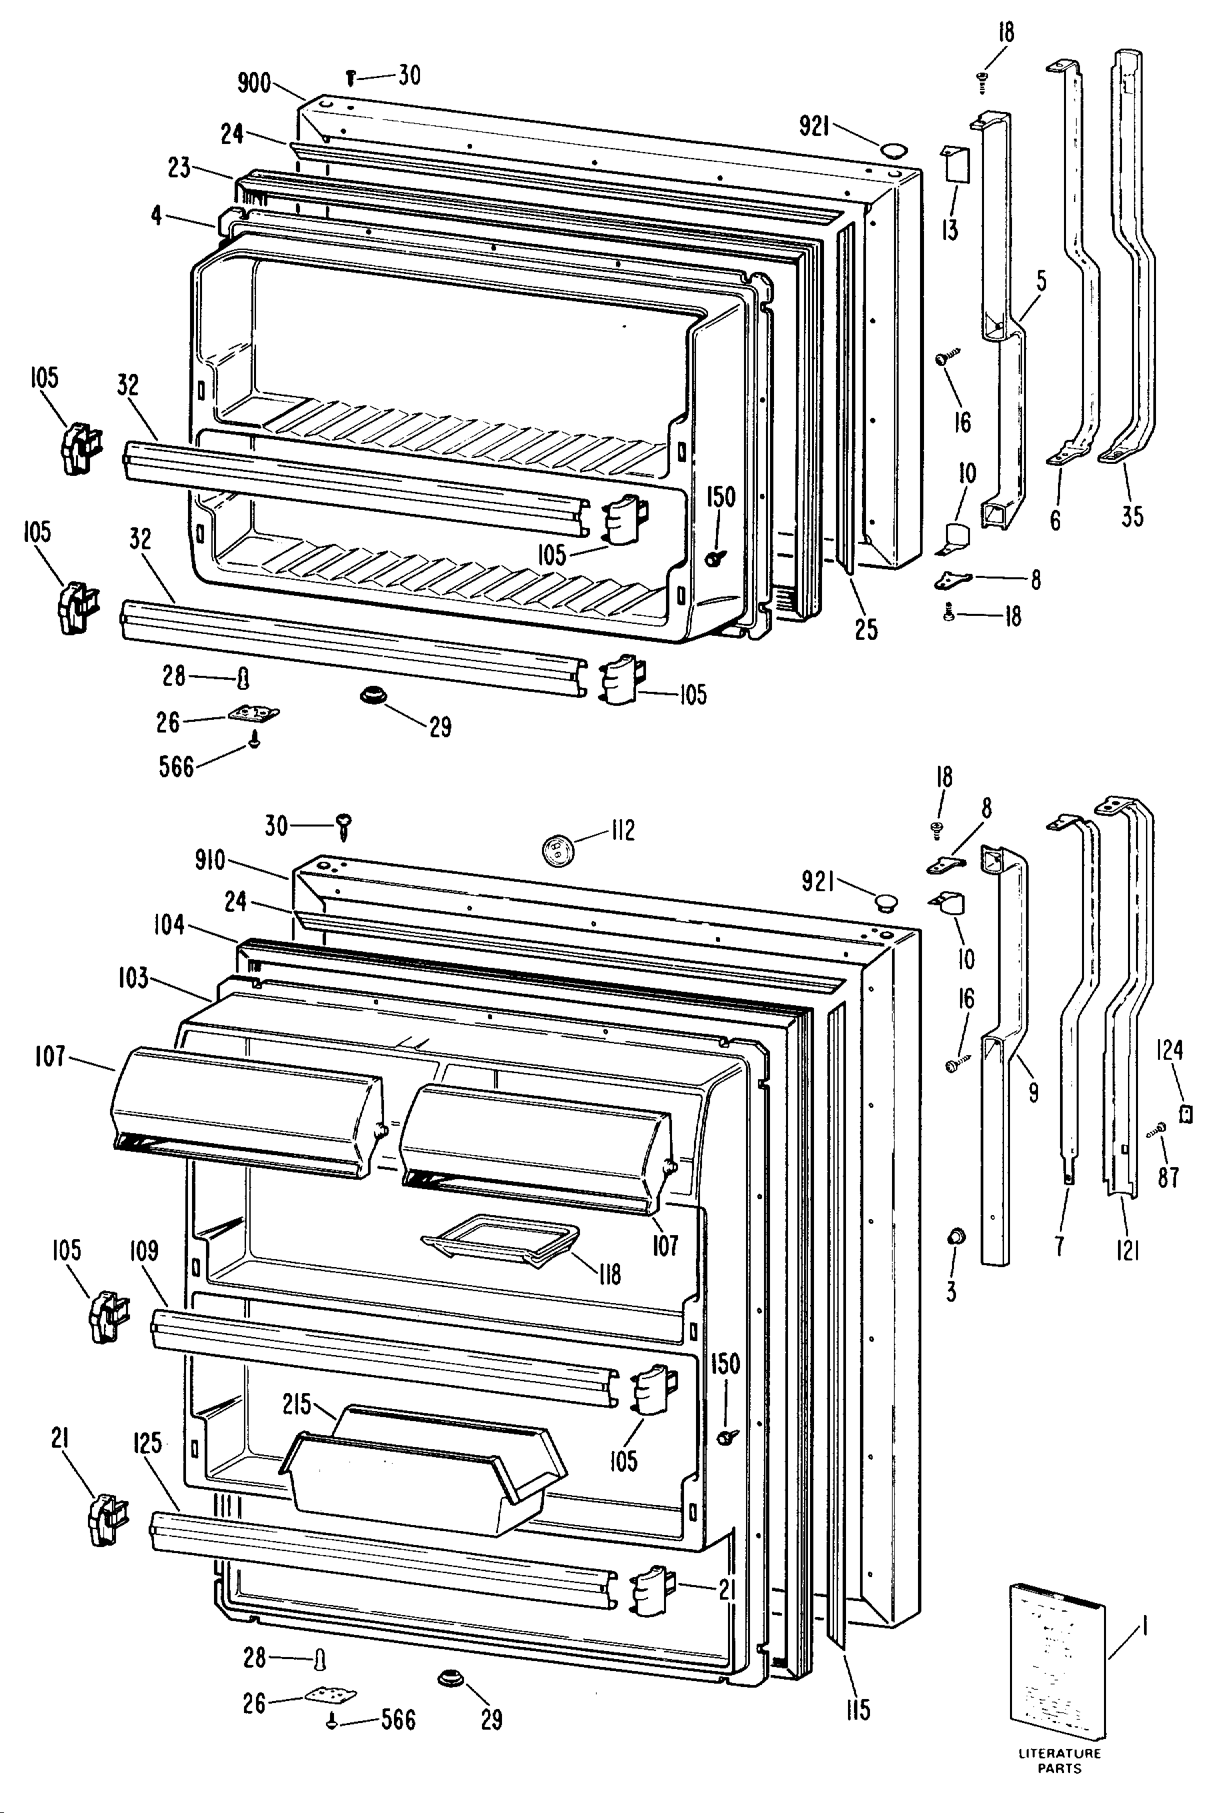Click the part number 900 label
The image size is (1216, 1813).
pyautogui.click(x=253, y=83)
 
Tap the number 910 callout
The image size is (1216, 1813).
pyautogui.click(x=210, y=860)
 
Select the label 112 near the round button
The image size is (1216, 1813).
pyautogui.click(x=623, y=831)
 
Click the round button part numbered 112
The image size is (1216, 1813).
pyautogui.click(x=557, y=850)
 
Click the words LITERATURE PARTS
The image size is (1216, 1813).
pyautogui.click(x=1059, y=1760)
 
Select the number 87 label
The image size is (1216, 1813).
pyautogui.click(x=1169, y=1177)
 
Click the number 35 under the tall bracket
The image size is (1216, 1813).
pyautogui.click(x=1132, y=517)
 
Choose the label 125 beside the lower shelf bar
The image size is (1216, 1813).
pyautogui.click(x=147, y=1443)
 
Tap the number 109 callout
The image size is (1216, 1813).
pyautogui.click(x=144, y=1251)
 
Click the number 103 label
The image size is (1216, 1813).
pyautogui.click(x=133, y=978)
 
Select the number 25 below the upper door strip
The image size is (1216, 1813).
pyautogui.click(x=866, y=630)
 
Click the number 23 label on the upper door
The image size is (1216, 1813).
pyautogui.click(x=179, y=167)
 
